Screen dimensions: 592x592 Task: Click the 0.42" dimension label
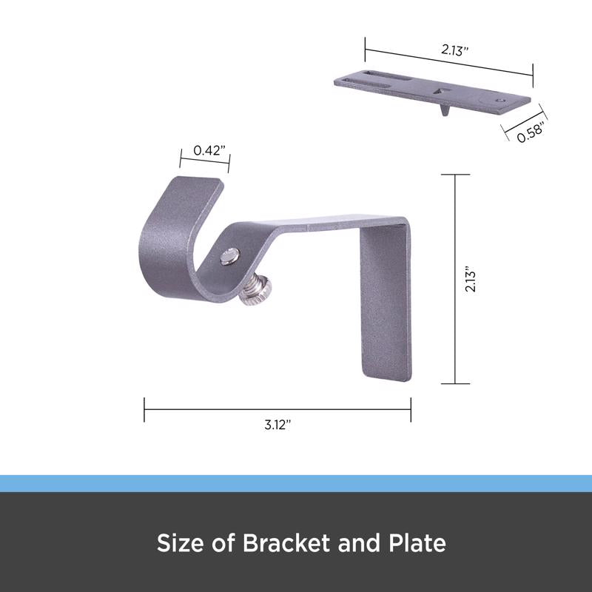204,150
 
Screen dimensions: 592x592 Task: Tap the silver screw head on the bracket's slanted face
229,256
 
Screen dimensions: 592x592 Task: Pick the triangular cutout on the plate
443,90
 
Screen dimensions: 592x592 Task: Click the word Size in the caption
178,544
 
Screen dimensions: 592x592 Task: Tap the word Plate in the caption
418,544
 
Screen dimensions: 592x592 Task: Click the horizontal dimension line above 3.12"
277,406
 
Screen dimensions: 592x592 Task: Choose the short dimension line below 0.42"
204,163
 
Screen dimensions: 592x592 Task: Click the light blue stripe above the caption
296,483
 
